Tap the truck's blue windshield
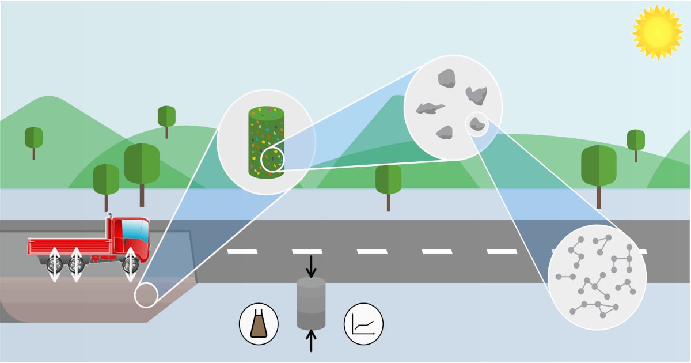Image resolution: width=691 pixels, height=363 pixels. [136, 230]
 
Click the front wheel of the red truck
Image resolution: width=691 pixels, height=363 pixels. [131, 264]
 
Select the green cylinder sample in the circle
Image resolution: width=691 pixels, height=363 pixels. [266, 141]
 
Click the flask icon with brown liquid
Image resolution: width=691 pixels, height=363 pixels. [259, 324]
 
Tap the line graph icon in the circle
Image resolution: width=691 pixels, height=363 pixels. [363, 324]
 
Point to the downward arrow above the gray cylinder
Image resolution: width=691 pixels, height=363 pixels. [311, 266]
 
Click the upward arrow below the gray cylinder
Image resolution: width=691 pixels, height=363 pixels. [311, 341]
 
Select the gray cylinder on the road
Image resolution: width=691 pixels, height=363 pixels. [311, 303]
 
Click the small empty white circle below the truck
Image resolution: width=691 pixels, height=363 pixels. [146, 296]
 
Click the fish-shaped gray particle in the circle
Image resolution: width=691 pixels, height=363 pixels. [430, 107]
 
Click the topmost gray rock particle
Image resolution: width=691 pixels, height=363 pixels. [446, 78]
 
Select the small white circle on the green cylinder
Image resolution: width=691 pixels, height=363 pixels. [272, 160]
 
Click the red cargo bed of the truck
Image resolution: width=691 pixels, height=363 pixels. [69, 247]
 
